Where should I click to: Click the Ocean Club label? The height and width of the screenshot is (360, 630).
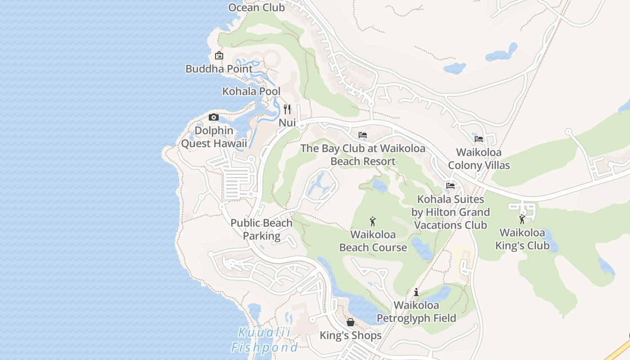pos(256,8)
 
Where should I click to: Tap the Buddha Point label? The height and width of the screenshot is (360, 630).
pos(219,69)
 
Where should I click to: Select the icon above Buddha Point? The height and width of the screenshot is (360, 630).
pos(219,55)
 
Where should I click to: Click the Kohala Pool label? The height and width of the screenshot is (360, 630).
pos(251,91)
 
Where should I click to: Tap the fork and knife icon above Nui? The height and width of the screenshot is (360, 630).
pos(287,109)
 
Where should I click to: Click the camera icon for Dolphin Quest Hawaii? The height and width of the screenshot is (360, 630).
pos(214,117)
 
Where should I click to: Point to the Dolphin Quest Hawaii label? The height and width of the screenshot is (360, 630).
pos(214,137)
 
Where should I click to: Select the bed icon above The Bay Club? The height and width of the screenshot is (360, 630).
pos(363,135)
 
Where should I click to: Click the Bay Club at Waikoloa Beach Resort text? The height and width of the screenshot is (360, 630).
pos(363,155)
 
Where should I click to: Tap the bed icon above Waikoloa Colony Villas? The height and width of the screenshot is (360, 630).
pos(479,139)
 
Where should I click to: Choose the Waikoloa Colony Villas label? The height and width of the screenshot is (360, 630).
pos(479,159)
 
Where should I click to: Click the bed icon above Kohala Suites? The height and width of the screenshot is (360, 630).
pos(450,186)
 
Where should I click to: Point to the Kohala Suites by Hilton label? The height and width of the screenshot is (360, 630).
pos(450,212)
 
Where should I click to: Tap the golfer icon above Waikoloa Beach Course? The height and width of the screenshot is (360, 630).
pos(373,221)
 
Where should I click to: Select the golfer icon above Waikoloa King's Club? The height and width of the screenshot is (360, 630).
pos(522,220)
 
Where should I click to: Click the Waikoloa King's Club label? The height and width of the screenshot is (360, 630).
pos(522,239)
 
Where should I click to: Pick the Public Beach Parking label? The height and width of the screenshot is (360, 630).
pos(261,229)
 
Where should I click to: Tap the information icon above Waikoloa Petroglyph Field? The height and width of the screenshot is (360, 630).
pos(416,292)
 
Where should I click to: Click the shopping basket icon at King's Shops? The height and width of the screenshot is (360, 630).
pos(351,322)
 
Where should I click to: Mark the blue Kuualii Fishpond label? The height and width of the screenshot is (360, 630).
pos(264,340)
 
